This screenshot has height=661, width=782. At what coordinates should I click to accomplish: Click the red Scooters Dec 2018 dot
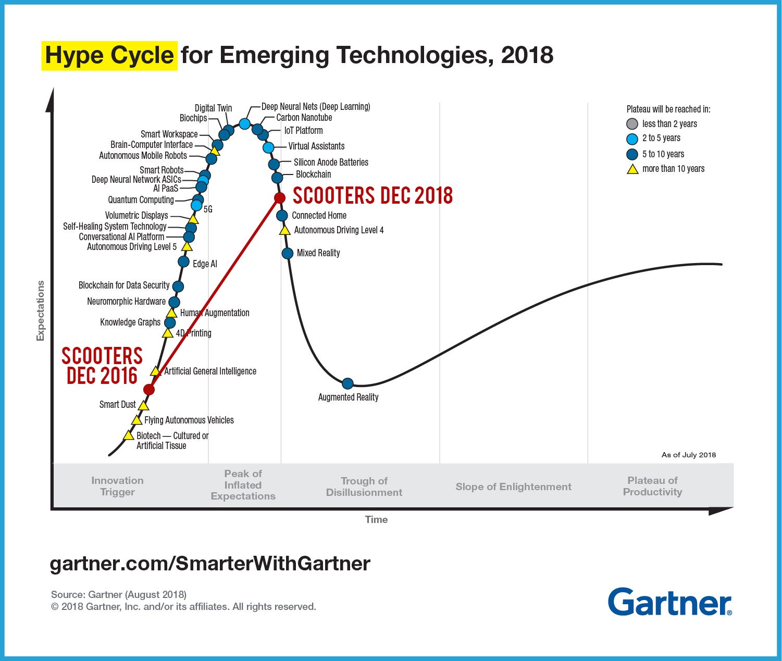tap(280, 198)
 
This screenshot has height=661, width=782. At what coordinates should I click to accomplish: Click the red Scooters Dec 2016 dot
tap(149, 390)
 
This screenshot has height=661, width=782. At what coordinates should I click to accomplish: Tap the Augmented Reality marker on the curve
tap(347, 384)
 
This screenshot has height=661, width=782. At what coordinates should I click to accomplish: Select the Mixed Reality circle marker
tap(288, 253)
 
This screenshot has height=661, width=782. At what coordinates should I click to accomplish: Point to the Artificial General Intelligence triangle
tap(155, 371)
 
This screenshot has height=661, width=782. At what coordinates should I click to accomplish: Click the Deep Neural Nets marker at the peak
tap(244, 123)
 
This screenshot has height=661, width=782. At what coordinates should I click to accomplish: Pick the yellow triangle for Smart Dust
tap(143, 405)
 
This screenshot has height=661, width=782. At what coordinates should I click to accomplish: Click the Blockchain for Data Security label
tap(124, 285)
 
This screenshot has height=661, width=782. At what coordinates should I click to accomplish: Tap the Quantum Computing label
tap(141, 200)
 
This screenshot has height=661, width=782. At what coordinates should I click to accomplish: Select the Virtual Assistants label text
tap(316, 146)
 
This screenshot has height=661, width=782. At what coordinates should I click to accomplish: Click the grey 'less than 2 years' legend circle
tap(632, 124)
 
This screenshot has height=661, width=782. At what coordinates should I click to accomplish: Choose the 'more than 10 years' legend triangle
tap(632, 169)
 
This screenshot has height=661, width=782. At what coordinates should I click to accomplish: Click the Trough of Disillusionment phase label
tap(364, 487)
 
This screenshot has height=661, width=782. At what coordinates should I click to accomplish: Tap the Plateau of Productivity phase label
tap(652, 486)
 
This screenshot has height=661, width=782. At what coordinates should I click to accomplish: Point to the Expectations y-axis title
tap(41, 310)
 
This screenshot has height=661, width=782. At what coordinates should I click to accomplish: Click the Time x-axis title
tap(376, 519)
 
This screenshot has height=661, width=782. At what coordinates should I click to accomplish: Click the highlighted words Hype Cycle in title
tap(109, 55)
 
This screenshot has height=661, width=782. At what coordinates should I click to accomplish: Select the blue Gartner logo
tap(669, 602)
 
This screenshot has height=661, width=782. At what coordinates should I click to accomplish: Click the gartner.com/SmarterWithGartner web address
tap(210, 564)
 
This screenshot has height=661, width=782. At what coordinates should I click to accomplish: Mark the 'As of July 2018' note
tap(688, 455)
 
